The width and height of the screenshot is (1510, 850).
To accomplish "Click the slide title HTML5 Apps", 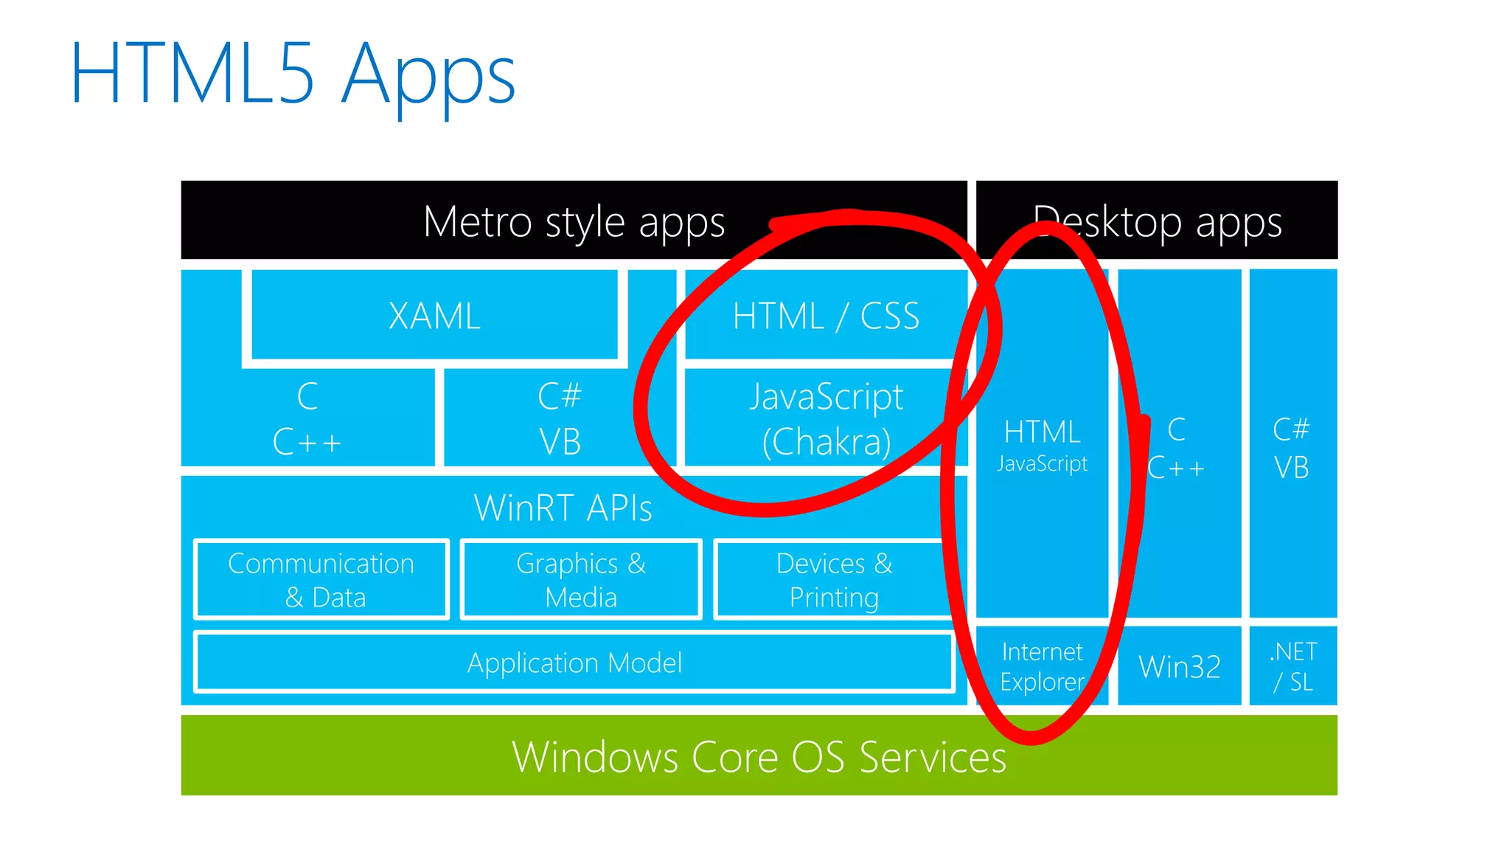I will tap(293, 75).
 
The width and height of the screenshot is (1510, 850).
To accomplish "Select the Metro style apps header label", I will tap(574, 221).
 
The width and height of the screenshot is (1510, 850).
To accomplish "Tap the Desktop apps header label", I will tap(1157, 221).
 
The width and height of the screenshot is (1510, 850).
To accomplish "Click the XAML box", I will tap(434, 316).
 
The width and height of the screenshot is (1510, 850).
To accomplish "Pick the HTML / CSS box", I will tap(826, 316).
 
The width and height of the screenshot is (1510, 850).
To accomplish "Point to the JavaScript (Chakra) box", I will tap(826, 418).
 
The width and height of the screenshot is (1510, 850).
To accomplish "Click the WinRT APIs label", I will tap(563, 508).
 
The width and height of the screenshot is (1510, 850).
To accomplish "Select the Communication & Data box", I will tap(321, 580).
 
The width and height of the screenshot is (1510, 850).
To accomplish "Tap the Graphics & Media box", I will tap(581, 580).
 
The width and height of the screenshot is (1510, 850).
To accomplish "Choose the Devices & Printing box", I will tap(834, 580).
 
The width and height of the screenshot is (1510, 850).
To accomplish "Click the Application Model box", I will tap(574, 663).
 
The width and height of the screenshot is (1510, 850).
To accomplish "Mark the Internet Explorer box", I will tap(1042, 666).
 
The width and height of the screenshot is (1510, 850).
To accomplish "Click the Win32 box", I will tap(1179, 666).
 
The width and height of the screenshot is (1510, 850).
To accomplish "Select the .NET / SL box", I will tap(1293, 666).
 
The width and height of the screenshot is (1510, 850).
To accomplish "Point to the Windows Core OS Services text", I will tap(759, 757).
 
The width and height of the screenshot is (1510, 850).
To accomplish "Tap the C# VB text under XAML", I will tap(560, 418).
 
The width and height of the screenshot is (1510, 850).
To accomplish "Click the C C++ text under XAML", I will tap(307, 418).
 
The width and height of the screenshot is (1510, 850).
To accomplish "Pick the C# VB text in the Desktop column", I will tap(1292, 448).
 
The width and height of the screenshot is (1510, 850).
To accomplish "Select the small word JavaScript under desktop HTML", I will tap(1042, 463).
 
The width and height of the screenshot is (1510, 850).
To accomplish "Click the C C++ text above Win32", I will tap(1177, 448).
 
